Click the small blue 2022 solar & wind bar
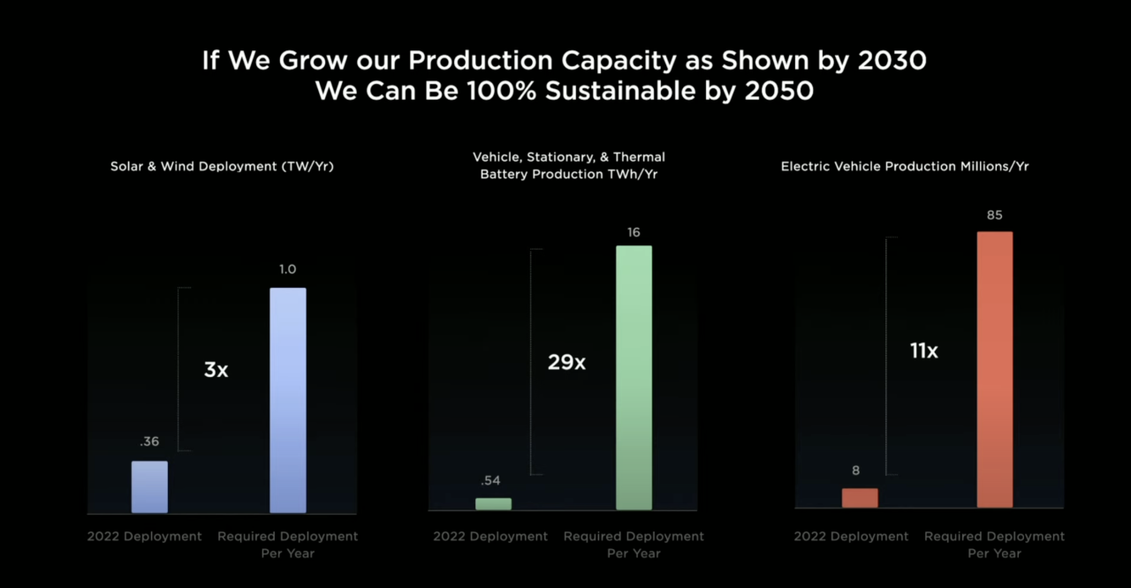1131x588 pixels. [149, 486]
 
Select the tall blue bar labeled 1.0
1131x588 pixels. [287, 400]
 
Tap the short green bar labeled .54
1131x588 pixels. [493, 503]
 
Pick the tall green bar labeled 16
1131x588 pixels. [634, 377]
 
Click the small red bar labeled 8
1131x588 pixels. [860, 498]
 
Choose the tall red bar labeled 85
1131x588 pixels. [994, 369]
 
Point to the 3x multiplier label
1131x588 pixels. [216, 370]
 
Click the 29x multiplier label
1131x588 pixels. [566, 362]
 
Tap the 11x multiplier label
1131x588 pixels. [923, 351]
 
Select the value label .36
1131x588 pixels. [149, 441]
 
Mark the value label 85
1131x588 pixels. [995, 215]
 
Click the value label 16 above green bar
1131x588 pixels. [634, 232]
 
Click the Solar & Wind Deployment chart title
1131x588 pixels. [222, 166]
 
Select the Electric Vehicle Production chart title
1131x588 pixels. [905, 166]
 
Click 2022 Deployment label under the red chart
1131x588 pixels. [851, 536]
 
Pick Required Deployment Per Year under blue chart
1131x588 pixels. [287, 544]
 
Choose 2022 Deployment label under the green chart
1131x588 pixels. [490, 536]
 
